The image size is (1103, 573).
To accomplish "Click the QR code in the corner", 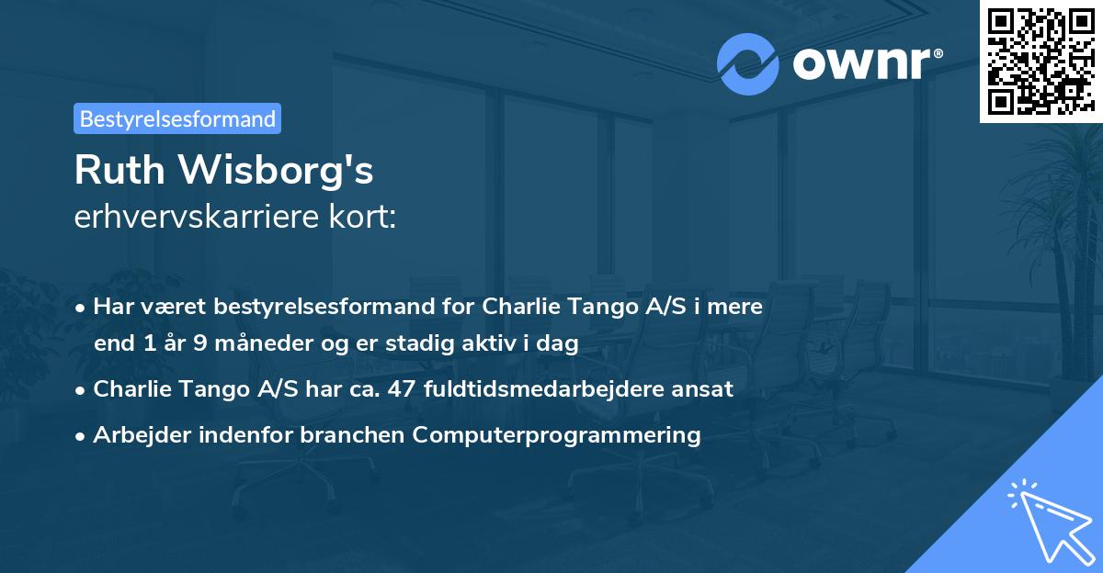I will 1040,61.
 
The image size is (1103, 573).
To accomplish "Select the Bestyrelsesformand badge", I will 177,118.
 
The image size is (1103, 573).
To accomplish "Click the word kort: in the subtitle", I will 366,217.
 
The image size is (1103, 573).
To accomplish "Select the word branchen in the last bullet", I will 354,435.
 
